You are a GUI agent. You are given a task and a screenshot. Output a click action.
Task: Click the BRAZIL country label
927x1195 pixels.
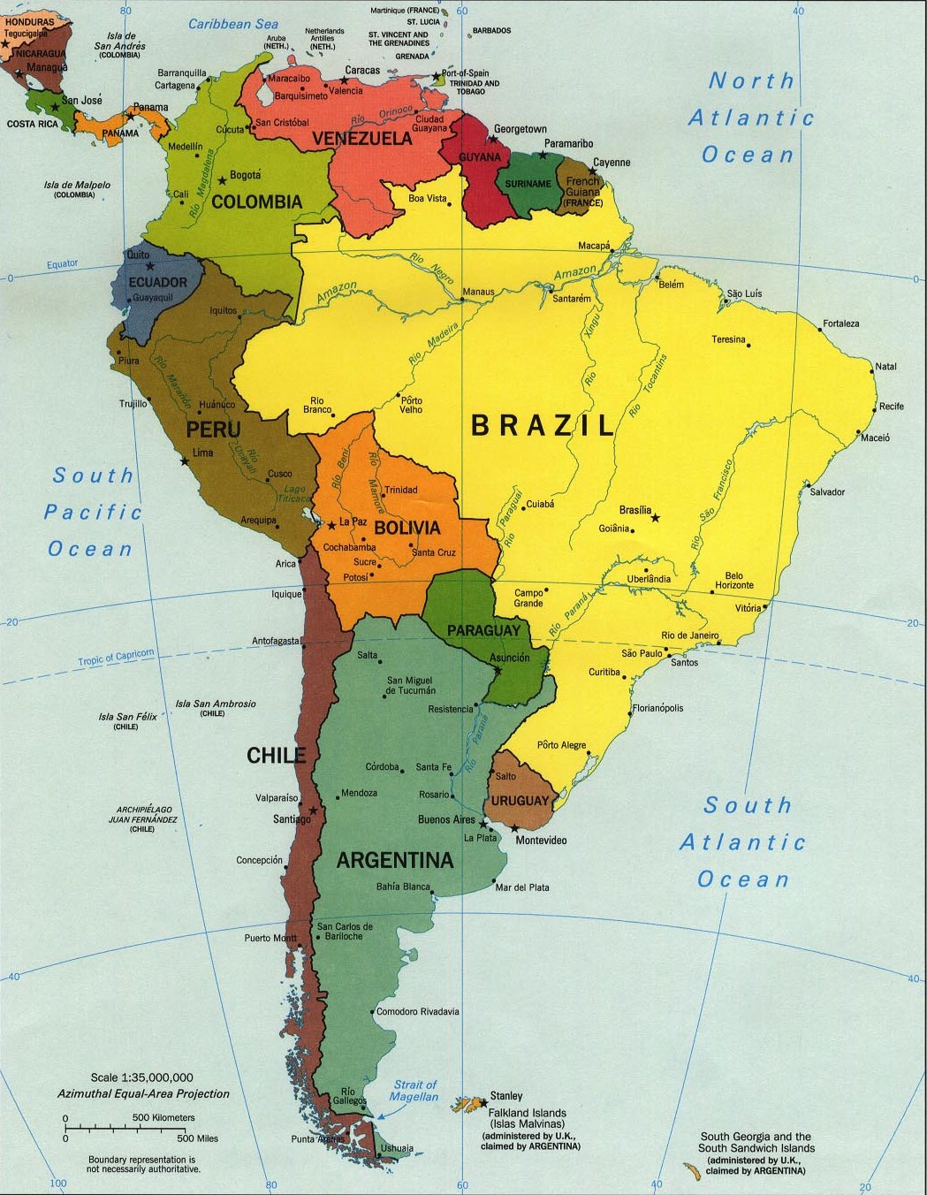tap(543, 425)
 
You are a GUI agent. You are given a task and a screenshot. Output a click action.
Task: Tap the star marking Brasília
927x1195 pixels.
tap(656, 518)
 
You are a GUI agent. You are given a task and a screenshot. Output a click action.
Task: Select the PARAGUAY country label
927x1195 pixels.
tap(482, 630)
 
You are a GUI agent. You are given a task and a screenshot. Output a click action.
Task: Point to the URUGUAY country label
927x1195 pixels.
tap(520, 801)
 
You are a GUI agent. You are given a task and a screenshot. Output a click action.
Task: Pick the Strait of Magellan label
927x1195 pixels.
tap(414, 1091)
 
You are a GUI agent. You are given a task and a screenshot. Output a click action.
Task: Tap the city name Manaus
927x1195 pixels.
tap(479, 292)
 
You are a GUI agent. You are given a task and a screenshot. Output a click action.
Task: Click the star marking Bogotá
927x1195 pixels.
tap(221, 181)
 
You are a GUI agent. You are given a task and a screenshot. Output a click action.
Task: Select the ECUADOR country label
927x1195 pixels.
tap(158, 283)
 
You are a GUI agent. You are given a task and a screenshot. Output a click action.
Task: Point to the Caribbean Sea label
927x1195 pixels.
tap(233, 24)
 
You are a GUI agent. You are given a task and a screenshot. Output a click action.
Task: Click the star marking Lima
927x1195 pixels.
tap(184, 461)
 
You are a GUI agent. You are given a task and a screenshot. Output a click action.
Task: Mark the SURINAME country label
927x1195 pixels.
tap(528, 184)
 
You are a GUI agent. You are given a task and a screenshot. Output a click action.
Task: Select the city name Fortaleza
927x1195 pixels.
tap(840, 323)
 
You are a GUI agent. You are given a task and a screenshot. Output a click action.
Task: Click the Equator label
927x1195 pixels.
tap(63, 263)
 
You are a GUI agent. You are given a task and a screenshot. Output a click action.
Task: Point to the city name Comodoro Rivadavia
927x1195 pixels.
tap(418, 1011)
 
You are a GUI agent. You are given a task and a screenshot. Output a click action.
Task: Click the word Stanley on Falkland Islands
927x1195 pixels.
tap(506, 1096)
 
